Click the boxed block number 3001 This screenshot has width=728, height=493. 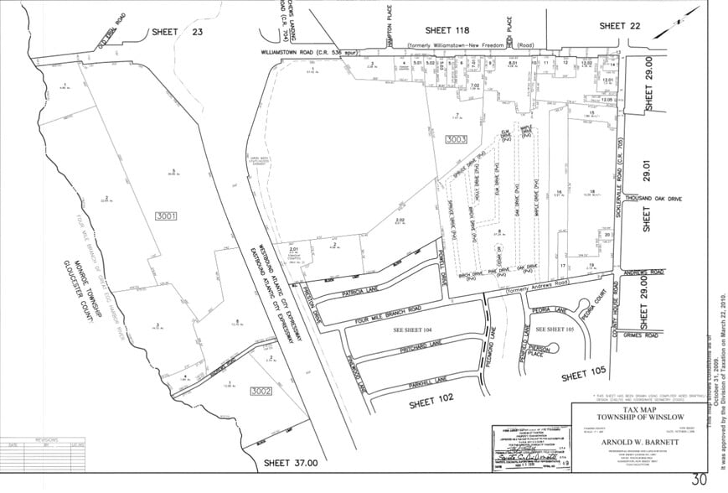click(x=167, y=215)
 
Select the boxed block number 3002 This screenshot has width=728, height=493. click(x=260, y=391)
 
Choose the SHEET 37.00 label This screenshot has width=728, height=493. click(x=291, y=462)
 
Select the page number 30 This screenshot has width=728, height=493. click(x=699, y=480)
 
